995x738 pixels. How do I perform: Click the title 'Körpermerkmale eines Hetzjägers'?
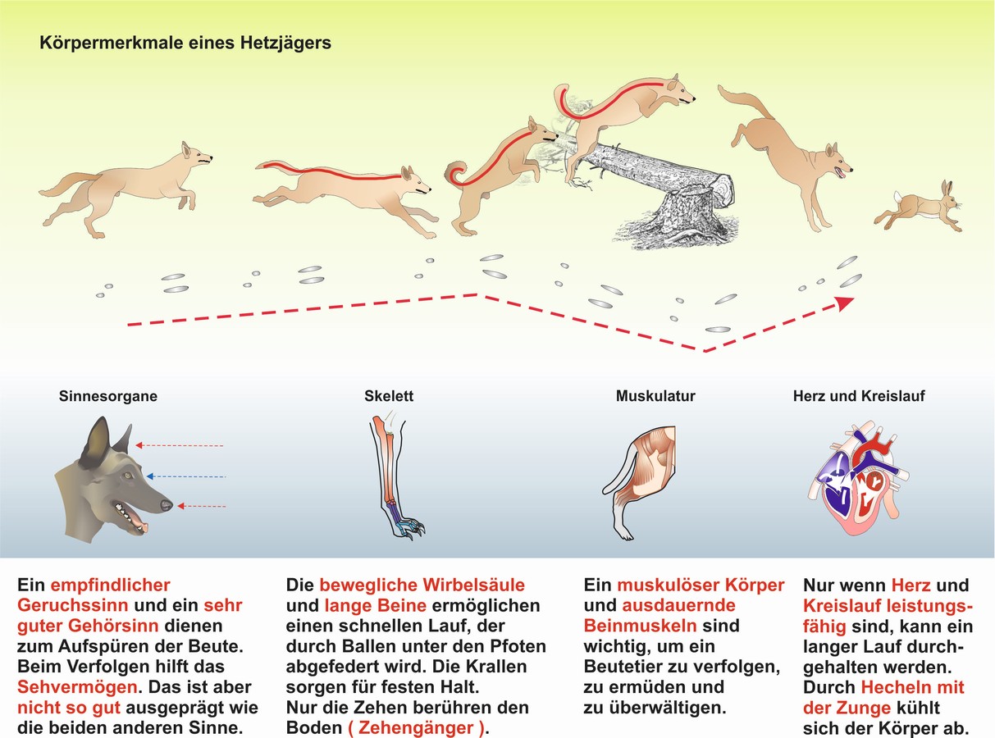185,43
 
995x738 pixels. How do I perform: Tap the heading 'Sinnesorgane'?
108,396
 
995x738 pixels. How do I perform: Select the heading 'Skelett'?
389,396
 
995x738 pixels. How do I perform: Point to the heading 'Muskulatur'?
655,396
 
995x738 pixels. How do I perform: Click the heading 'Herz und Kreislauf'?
859,396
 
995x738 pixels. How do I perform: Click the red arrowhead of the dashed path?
844,303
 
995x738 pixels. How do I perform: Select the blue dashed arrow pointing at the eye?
186,476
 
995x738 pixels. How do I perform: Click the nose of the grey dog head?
166,505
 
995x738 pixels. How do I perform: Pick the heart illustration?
858,478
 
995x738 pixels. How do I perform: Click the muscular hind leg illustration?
641,482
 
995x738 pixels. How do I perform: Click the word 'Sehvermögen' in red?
78,687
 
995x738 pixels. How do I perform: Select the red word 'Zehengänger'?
417,727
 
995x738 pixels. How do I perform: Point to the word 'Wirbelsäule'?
474,585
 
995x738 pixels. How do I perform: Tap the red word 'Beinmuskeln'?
640,626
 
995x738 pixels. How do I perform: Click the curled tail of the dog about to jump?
457,174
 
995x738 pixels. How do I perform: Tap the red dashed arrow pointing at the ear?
180,445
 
